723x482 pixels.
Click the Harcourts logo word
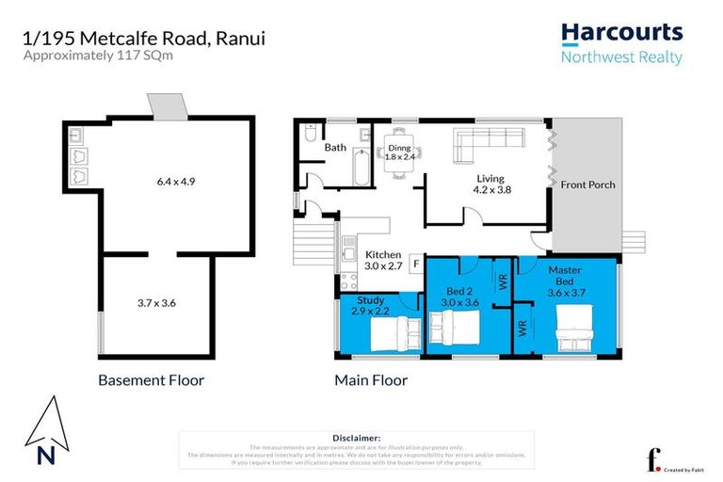[621, 33]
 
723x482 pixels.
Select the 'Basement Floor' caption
[152, 381]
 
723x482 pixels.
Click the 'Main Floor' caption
[371, 381]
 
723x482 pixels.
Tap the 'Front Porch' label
[587, 185]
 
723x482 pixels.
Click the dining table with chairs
[400, 156]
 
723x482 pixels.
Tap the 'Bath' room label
[336, 148]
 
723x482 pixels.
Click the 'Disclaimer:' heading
[356, 438]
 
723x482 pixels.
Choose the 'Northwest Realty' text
[621, 57]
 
